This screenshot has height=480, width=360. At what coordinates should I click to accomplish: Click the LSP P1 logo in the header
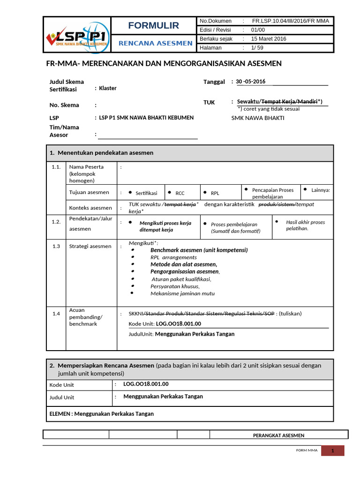coord(77,37)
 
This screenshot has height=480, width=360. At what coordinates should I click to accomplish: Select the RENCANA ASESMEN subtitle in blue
coord(156,43)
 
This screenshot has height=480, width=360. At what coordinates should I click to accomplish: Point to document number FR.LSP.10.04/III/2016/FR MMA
coord(290,21)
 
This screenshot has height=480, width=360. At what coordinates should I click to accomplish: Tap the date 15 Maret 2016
coord(269,39)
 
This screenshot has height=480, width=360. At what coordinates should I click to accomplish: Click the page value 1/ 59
coord(257,48)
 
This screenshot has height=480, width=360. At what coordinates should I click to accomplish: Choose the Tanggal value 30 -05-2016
coord(250,82)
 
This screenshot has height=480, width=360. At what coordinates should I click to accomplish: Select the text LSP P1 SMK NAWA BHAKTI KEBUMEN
coord(147,118)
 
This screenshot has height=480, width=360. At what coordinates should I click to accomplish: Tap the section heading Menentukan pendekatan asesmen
coord(105,153)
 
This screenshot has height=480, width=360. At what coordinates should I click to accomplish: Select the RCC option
coord(180,193)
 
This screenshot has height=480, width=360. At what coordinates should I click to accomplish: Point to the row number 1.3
coord(56,246)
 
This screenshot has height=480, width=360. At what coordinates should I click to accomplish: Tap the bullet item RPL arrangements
coord(173,257)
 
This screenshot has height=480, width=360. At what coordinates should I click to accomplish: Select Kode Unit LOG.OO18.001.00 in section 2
coord(146,384)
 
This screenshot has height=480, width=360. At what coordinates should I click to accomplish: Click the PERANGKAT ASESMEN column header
coord(278,435)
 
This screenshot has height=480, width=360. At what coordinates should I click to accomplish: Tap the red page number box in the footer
coord(332,450)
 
